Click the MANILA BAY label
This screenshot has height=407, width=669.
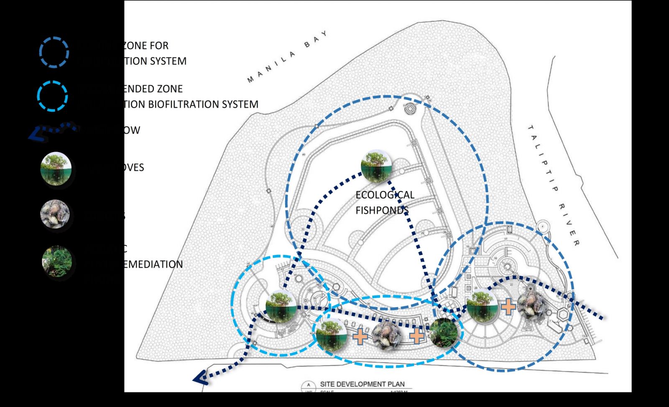[287, 56]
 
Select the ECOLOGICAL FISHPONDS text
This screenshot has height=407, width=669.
[385, 202]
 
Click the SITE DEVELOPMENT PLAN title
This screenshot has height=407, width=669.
[362, 384]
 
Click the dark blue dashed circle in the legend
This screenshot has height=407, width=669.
[54, 53]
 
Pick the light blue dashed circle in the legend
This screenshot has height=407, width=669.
[52, 96]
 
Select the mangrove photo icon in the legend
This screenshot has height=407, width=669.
[56, 168]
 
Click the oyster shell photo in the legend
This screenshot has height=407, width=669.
[55, 214]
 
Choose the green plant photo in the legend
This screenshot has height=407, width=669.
[57, 261]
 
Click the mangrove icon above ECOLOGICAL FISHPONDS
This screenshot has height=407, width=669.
[376, 165]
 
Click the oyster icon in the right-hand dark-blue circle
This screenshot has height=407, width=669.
[532, 305]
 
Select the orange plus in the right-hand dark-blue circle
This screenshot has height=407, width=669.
[508, 307]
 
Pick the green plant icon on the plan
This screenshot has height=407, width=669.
[444, 333]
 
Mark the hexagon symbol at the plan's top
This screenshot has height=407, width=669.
[410, 109]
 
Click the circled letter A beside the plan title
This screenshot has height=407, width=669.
[309, 385]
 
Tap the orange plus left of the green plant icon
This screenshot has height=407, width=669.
[416, 336]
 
